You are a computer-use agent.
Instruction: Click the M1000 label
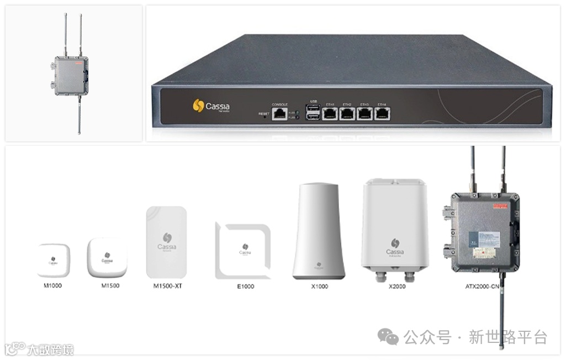[x=54, y=286]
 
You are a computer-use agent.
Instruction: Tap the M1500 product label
[x=110, y=286]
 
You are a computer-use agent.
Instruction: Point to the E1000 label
[x=244, y=287]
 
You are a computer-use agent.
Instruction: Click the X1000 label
[x=319, y=287]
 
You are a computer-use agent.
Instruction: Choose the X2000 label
[x=396, y=287]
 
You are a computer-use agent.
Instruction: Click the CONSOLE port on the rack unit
[x=279, y=113]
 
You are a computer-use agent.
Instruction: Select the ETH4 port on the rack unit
[x=382, y=113]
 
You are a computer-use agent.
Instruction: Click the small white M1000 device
[x=54, y=260]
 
